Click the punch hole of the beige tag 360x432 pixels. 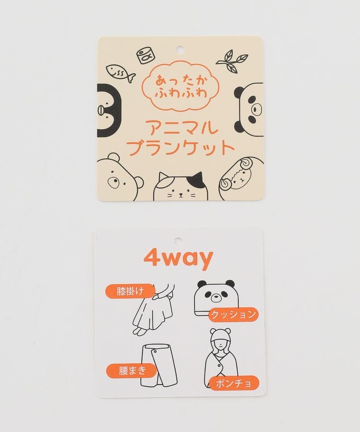pos(180,49)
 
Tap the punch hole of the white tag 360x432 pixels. pos(178,240)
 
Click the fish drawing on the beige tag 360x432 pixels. pos(120,72)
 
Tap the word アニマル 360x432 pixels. pos(182,128)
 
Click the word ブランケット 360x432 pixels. pos(181,148)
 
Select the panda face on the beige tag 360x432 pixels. pos(249,109)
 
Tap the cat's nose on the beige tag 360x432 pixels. pos(180,194)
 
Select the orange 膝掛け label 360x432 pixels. pos(130,291)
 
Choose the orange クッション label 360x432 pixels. pos(233,314)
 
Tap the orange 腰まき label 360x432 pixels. pos(132,371)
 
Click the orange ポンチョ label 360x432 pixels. pos(234,383)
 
